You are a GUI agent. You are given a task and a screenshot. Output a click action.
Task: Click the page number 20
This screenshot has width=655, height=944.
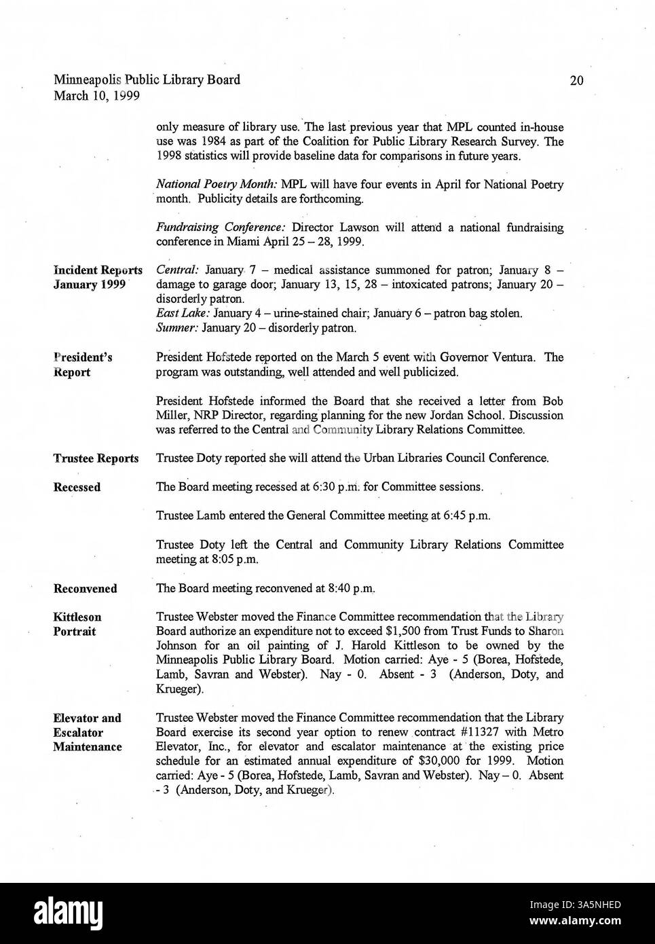click(x=576, y=81)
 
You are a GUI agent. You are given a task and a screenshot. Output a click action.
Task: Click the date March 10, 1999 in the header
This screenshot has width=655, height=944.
click(x=96, y=96)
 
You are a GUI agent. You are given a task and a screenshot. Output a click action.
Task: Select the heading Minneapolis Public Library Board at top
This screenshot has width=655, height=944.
click(x=147, y=80)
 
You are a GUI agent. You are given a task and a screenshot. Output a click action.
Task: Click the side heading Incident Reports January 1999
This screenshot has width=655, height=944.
click(x=97, y=278)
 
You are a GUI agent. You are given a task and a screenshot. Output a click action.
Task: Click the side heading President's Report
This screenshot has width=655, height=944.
click(x=82, y=365)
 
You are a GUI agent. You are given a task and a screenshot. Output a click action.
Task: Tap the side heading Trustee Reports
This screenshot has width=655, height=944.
click(x=96, y=458)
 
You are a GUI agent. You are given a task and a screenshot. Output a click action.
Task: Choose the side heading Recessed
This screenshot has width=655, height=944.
click(x=77, y=488)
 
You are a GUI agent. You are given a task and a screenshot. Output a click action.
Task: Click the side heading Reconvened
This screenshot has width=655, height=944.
click(x=85, y=589)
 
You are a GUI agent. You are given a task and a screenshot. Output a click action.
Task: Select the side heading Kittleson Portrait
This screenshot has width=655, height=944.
click(x=77, y=624)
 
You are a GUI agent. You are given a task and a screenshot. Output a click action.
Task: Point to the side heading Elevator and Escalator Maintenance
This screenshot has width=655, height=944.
click(x=88, y=732)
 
